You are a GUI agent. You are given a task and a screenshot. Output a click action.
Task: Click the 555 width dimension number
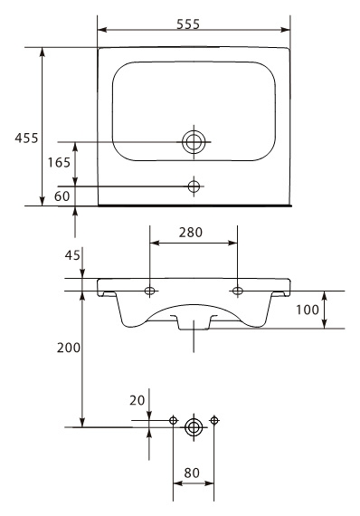click(188, 24)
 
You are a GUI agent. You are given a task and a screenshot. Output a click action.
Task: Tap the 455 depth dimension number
click(26, 138)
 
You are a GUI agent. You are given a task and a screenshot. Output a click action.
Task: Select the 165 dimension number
click(59, 162)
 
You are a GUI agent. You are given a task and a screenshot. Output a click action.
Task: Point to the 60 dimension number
click(62, 196)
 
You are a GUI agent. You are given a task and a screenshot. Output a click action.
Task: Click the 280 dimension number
click(191, 233)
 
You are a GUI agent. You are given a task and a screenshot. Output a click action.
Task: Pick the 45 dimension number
click(72, 254)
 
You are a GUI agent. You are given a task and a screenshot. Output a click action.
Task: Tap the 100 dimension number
click(308, 310)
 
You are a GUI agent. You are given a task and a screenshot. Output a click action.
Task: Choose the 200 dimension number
click(69, 348)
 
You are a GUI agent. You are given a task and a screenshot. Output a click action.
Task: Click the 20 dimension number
click(137, 400)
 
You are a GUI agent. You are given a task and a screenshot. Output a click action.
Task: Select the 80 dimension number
click(192, 473)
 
